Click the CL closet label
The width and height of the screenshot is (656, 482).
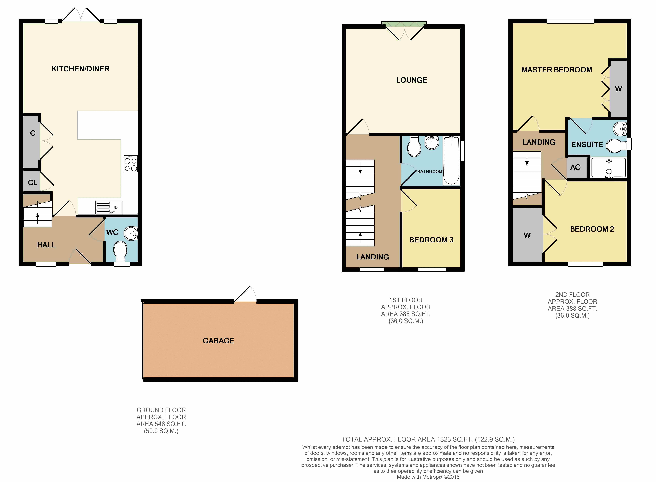coord(33,183)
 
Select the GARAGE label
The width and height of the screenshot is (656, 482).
coord(218,341)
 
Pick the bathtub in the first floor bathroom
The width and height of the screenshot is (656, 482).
coord(451,160)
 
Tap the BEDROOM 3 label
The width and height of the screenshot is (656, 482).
coord(431,240)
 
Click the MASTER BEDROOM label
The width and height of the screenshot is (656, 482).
coord(557,70)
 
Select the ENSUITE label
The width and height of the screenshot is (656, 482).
coord(587,144)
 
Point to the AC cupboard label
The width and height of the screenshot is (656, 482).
coord(575,167)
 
